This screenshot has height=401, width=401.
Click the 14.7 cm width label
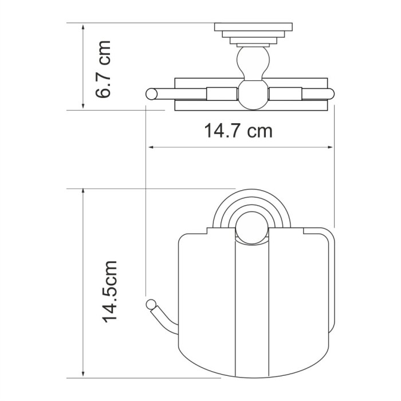(x=238, y=131)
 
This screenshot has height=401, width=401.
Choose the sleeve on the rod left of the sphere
(x=221, y=93)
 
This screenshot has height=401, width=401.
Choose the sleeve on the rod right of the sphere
(x=285, y=93)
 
